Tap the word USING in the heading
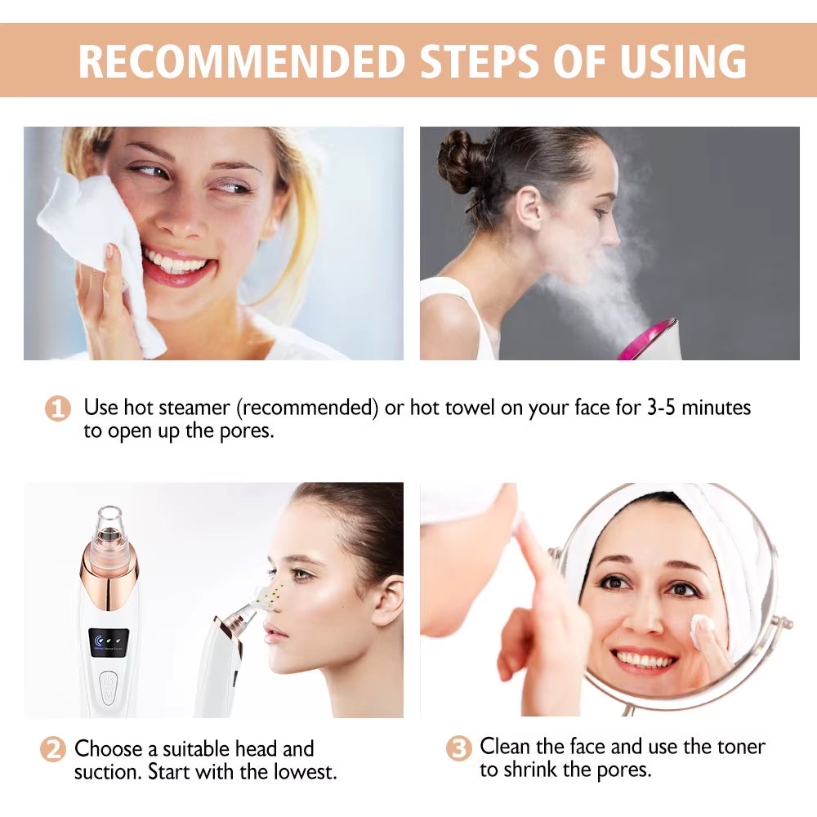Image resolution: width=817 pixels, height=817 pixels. coord(682,60)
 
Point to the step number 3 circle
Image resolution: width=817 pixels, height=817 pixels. coord(459,748)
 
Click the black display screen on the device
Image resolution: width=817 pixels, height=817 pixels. coord(109,644)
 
